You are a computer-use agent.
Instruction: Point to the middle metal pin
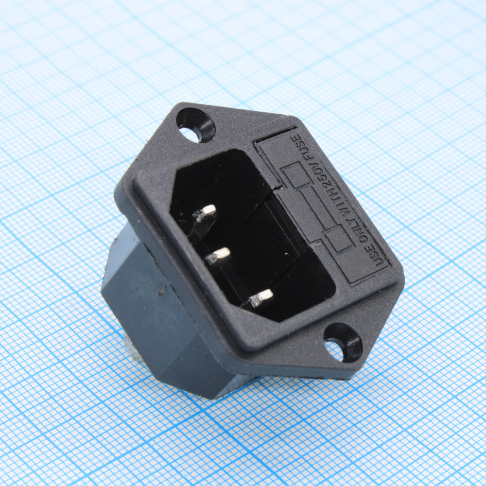tap(218, 256)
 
